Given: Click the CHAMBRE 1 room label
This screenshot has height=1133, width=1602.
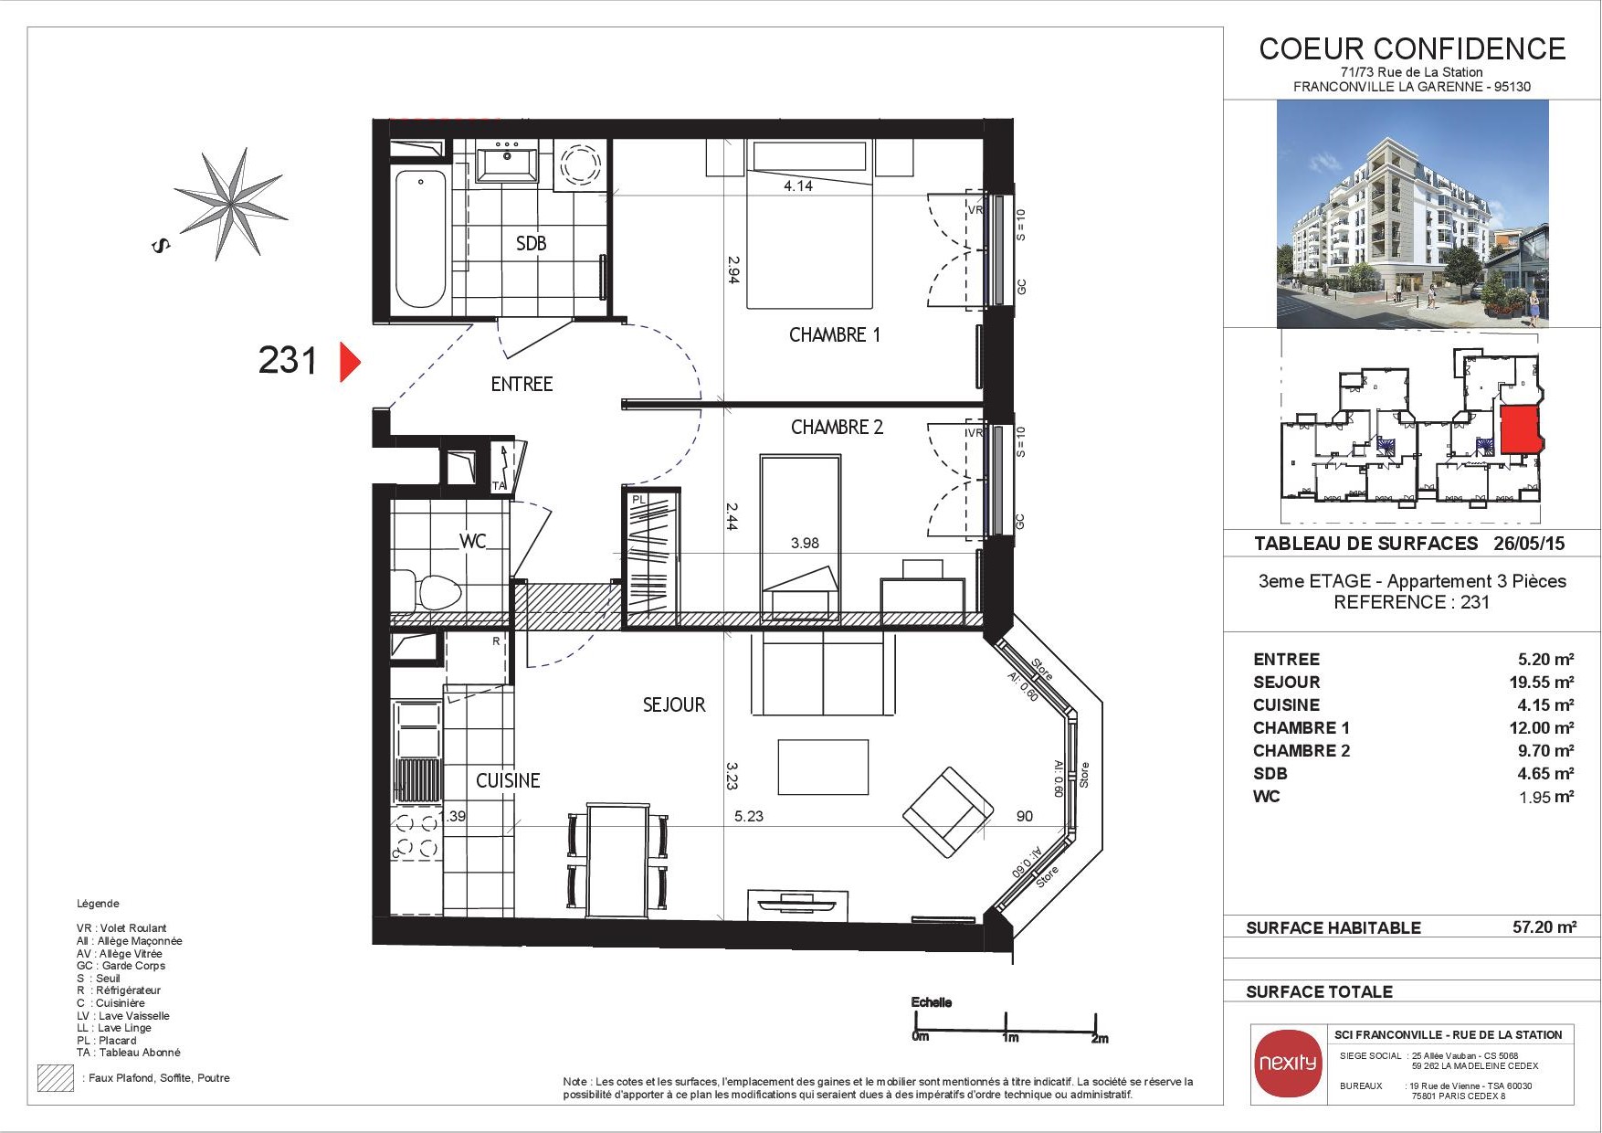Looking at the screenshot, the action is [x=835, y=335].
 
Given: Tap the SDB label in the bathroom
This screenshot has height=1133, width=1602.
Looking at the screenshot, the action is [x=531, y=243].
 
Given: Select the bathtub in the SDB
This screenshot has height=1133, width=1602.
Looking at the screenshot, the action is [x=421, y=238].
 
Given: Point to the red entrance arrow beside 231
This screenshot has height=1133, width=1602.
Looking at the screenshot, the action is [x=350, y=362].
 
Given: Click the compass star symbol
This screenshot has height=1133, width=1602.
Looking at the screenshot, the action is [x=230, y=204].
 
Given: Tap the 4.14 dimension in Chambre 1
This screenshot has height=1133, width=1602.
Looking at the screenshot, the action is [x=798, y=185].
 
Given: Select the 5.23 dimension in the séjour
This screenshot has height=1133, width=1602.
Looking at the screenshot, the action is [x=749, y=816].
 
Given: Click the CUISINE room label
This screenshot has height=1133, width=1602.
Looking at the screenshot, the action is [x=508, y=780].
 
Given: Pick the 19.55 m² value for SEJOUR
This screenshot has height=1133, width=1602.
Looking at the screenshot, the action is [x=1541, y=682].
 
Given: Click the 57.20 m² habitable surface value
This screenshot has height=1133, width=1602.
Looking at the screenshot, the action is [x=1544, y=927].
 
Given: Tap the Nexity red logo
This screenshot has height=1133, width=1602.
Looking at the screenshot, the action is [x=1288, y=1063].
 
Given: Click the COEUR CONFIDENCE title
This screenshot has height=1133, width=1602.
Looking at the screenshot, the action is [x=1412, y=48].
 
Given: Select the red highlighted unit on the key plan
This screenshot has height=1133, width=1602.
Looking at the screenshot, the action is [x=1521, y=429].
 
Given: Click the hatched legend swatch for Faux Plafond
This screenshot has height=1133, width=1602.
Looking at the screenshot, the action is [x=55, y=1078].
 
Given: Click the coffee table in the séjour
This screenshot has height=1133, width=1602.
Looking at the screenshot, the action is [x=823, y=768].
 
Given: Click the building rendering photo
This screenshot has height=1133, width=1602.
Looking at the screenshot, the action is [x=1412, y=214].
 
